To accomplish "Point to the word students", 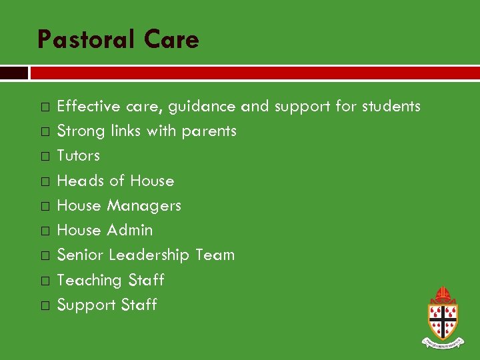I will pyautogui.click(x=391, y=107).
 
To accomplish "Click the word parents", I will pyautogui.click(x=209, y=131).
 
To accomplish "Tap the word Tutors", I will pyautogui.click(x=79, y=156).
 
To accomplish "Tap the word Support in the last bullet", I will pyautogui.click(x=84, y=305).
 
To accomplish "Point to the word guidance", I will pyautogui.click(x=202, y=107).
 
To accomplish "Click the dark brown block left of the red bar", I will pyautogui.click(x=13, y=73).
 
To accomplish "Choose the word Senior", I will pyautogui.click(x=81, y=255).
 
